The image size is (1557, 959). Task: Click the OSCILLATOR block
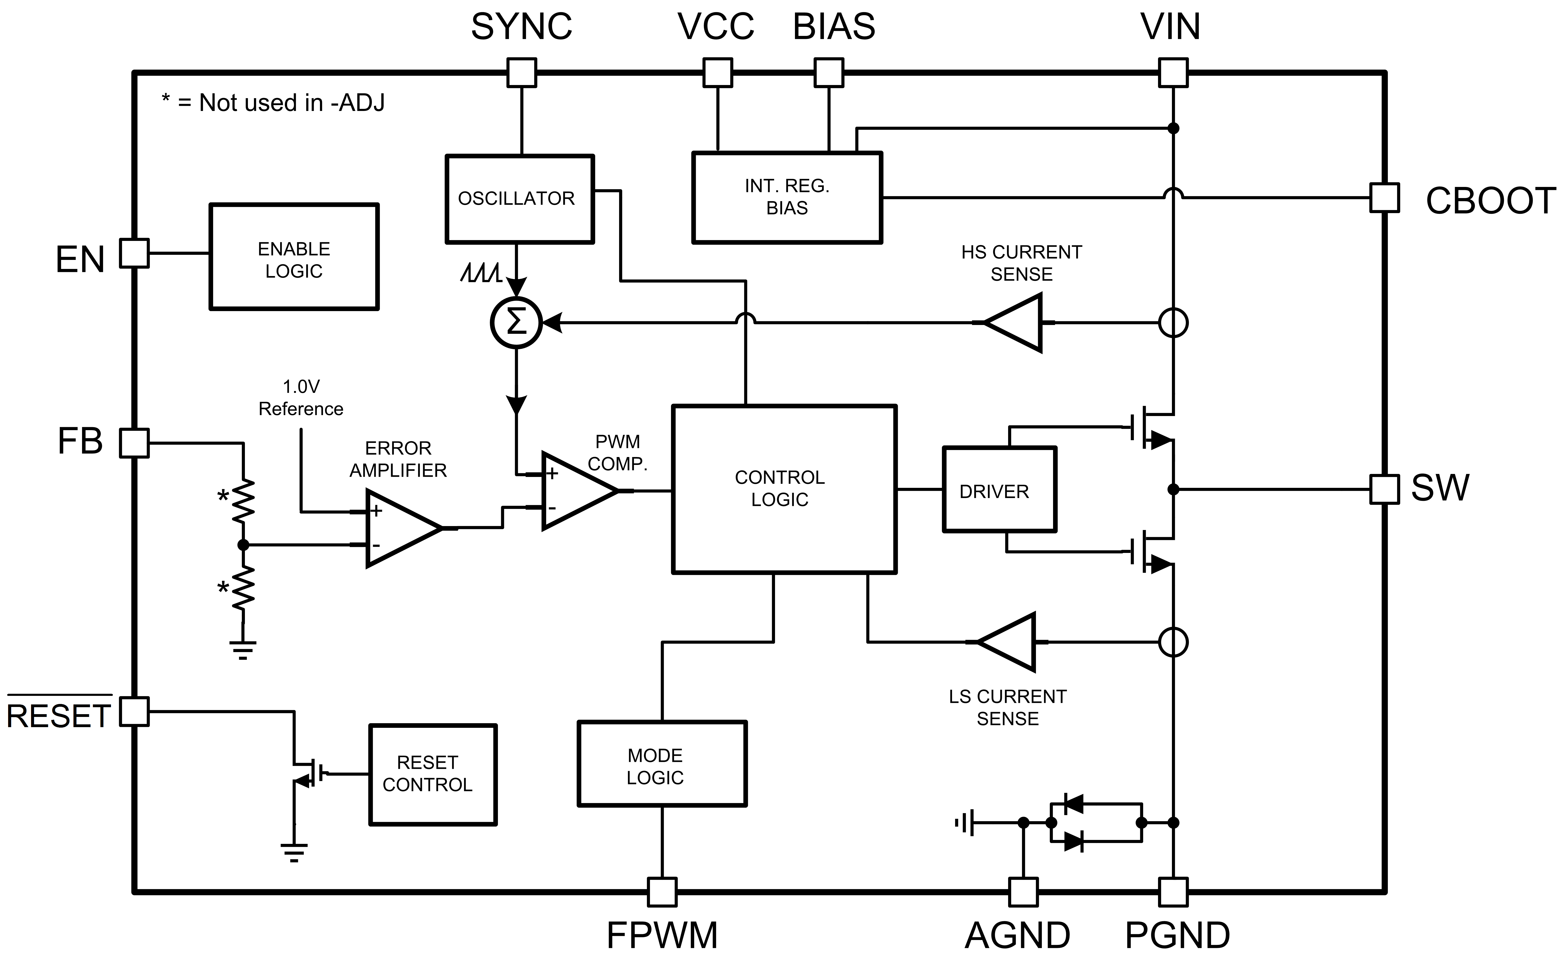click(519, 199)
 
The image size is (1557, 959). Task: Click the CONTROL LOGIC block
click(784, 489)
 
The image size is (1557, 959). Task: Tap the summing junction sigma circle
click(516, 323)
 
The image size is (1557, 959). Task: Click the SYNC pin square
click(521, 72)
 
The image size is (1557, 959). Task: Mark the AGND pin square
click(1023, 892)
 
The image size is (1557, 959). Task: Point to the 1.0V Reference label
click(301, 398)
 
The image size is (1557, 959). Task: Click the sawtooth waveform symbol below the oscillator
click(481, 273)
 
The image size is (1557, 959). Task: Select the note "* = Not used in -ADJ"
click(273, 102)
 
